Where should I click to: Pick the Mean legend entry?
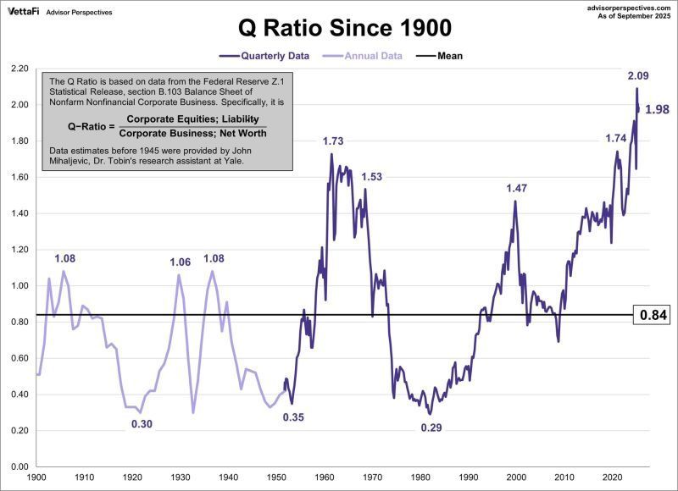pos(449,56)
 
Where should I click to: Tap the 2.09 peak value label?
pos(638,76)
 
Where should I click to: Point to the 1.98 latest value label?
pos(658,109)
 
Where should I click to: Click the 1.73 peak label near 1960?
pos(333,141)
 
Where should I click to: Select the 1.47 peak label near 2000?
pos(517,189)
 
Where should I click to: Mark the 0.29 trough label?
pos(431,428)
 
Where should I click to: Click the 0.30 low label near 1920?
pos(142,424)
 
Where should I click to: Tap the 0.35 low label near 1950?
pos(293,417)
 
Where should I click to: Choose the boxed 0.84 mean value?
pos(654,315)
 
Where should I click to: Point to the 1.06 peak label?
pos(180,262)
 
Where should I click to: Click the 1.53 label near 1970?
pos(372,177)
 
